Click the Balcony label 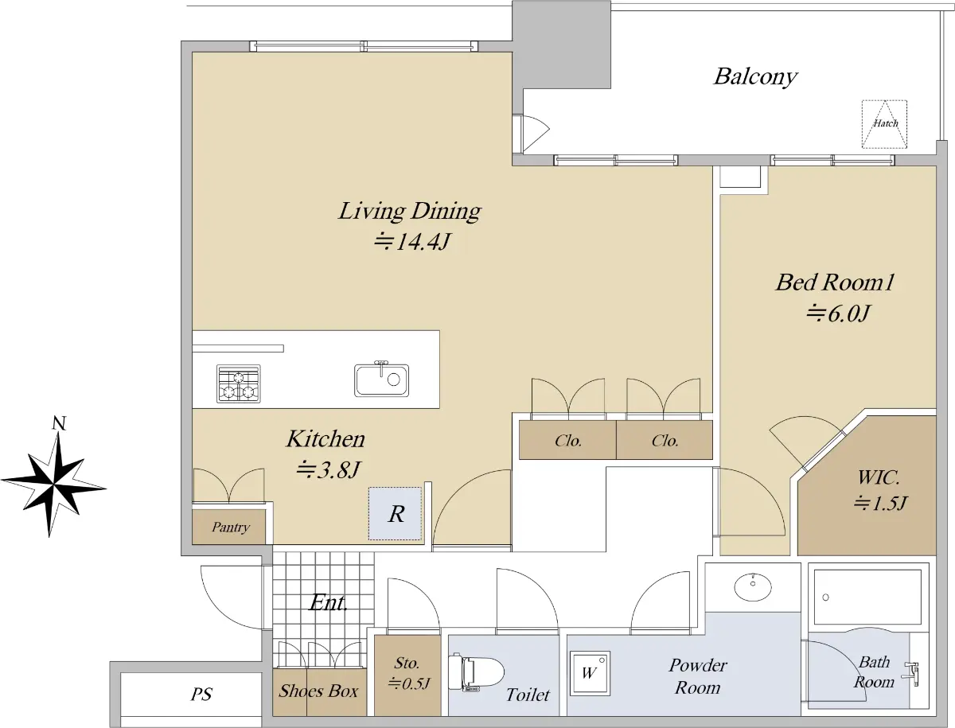point(755,77)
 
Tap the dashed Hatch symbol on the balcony point(884,124)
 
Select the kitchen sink point(381,380)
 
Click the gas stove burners point(239,383)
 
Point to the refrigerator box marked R point(395,514)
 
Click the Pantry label point(231,528)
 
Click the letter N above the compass point(59,422)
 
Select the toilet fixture point(476,672)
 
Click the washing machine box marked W point(590,673)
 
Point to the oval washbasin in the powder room point(753,587)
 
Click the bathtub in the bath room point(867,598)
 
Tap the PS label point(201,694)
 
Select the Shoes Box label point(318,691)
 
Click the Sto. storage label point(407,664)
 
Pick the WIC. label point(878,478)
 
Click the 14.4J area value point(411,242)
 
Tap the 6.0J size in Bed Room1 point(838,313)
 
